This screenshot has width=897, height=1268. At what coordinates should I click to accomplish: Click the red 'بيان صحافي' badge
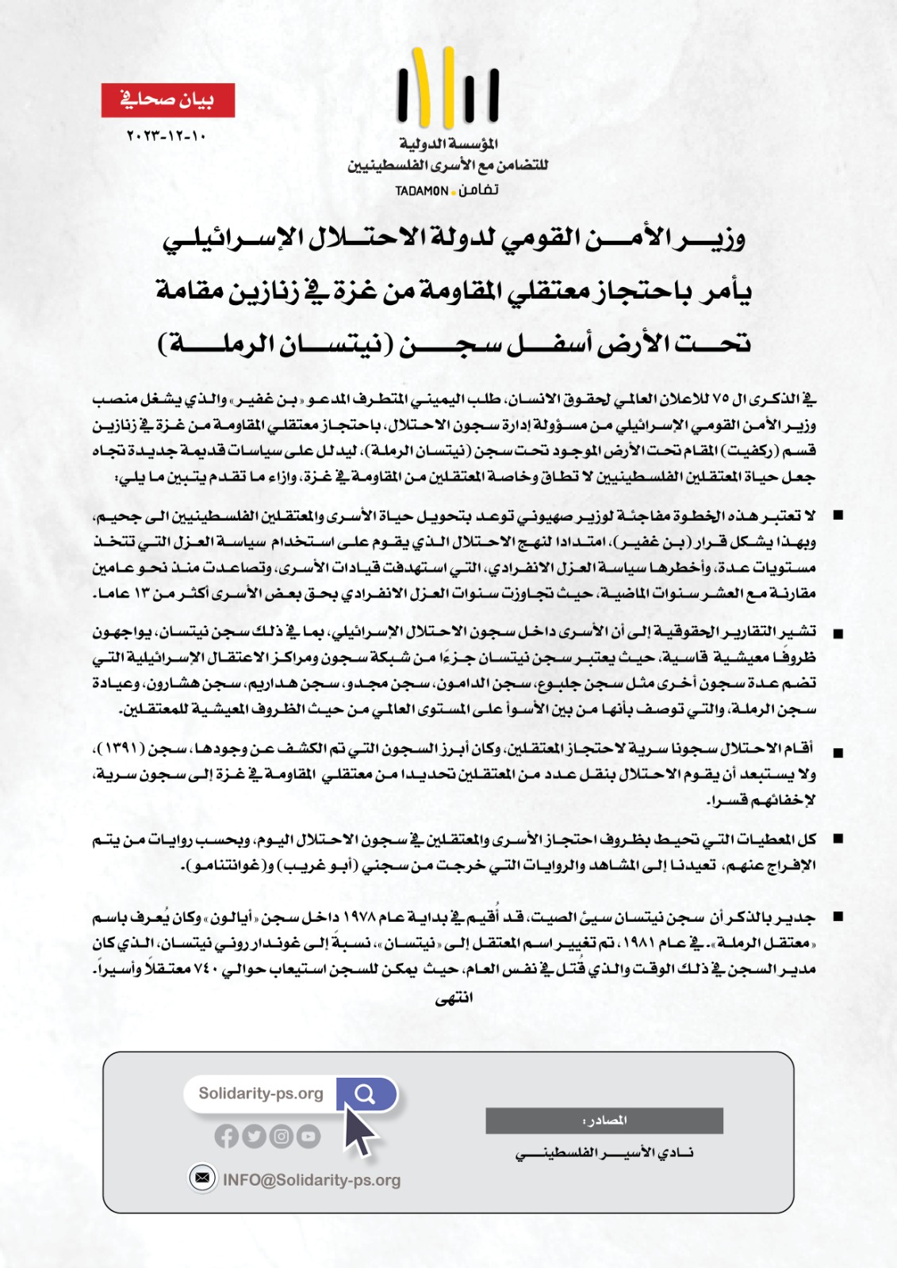pos(167,100)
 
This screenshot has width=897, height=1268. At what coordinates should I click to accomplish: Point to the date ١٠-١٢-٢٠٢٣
pos(167,136)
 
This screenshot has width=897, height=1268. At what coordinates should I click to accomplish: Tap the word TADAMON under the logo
pos(422,191)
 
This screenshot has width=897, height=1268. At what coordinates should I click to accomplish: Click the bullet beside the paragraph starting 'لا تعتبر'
pos(838,515)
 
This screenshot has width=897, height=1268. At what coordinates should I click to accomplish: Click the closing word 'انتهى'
pos(454,998)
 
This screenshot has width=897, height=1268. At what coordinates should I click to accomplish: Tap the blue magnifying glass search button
pos(365,1094)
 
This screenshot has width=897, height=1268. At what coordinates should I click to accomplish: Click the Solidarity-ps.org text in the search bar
pos(261,1094)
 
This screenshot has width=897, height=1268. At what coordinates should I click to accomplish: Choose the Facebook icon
pos(226,1136)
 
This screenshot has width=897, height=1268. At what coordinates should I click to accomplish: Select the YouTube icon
pos(309,1136)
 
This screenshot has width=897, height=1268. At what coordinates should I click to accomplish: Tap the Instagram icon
pos(282,1136)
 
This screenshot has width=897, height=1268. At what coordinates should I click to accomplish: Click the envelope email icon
pos(202,1178)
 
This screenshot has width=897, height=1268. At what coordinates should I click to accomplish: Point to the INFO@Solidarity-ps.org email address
pos(312,1180)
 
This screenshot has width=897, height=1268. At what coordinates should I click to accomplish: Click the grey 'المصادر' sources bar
pos(604,1120)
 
